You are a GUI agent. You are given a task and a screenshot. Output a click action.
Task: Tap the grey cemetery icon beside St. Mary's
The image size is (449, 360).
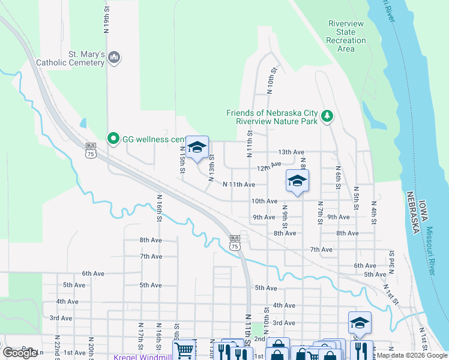(x=115, y=58)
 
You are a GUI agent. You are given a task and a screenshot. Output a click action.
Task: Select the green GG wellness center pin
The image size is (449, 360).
(x=113, y=139)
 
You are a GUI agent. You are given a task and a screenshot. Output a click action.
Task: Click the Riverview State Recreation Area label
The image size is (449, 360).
(x=346, y=36)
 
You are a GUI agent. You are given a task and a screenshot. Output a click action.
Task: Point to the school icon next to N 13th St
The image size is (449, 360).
(x=197, y=148)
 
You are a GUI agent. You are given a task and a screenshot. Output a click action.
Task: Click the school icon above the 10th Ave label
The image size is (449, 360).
(x=297, y=181)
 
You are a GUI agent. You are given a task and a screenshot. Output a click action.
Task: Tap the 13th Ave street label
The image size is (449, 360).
(x=291, y=152)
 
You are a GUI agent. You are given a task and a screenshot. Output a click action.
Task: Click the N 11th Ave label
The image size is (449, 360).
(x=239, y=185)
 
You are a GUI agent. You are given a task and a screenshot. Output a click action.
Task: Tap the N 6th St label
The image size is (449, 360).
(x=338, y=178)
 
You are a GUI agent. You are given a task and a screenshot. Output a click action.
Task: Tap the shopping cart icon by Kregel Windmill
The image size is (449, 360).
(x=184, y=350)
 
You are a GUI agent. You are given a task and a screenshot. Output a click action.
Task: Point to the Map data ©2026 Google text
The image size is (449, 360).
(x=412, y=355)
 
